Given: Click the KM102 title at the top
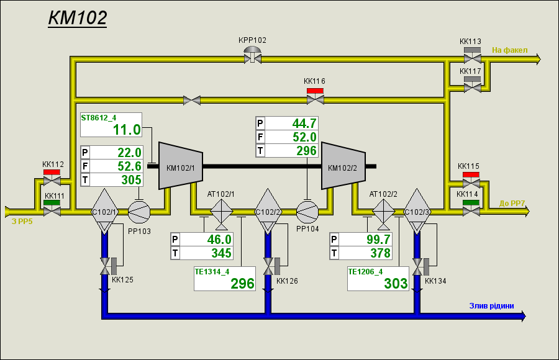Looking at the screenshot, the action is point(78,18).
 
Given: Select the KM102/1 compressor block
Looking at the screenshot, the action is point(181,166).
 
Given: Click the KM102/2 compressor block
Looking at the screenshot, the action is point(343,166).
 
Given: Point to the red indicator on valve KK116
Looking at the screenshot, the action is point(315,91).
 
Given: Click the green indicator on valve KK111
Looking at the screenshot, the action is point(52,203).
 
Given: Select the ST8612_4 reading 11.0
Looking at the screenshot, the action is point(127,130).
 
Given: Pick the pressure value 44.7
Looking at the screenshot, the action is point(304,124).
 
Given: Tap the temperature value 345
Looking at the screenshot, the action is point(221,253).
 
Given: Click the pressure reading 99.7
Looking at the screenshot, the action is point(379,240).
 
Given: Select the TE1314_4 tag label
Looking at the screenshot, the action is point(212,272).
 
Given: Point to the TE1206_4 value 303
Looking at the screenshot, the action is point(396,284).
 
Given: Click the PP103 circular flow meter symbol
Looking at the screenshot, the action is point(139,212).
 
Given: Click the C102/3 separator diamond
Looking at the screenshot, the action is point(417,212).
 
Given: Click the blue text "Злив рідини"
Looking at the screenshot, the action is point(492,306).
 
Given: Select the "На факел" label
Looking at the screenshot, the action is point(510,50).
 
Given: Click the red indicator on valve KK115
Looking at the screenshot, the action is point(471,174).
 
